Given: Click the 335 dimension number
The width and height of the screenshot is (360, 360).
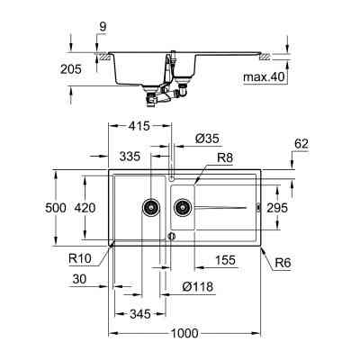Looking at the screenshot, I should [132, 157].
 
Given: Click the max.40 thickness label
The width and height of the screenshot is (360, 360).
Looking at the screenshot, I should [264, 77].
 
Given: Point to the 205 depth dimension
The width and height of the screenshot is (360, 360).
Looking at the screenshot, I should [73, 69].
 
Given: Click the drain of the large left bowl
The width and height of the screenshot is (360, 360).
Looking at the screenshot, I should [148, 208].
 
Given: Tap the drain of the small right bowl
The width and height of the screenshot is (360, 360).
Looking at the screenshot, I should [183, 208].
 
